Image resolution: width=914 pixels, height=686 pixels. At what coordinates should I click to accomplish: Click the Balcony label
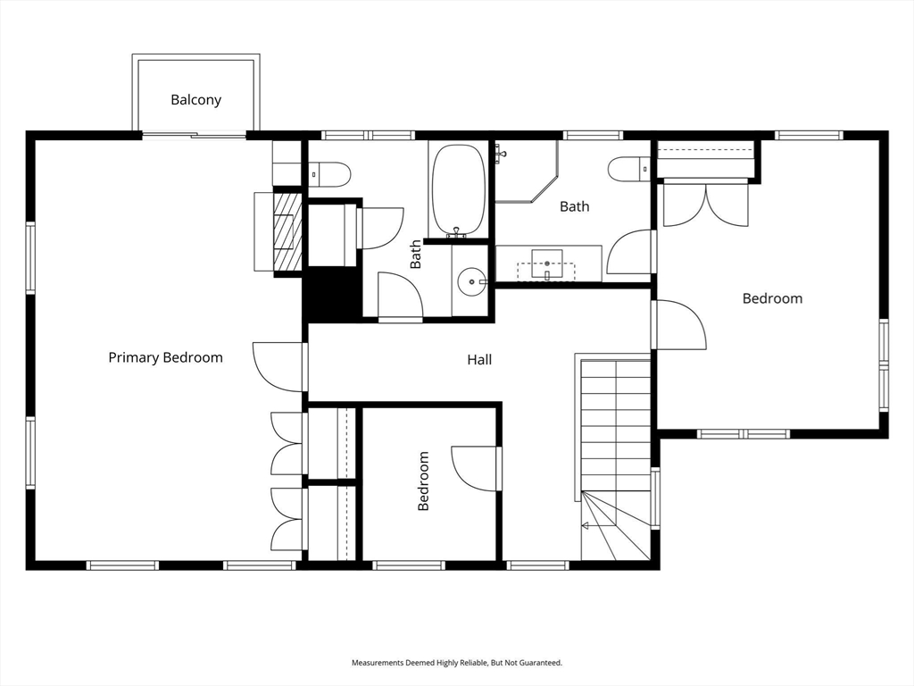coord(195,100)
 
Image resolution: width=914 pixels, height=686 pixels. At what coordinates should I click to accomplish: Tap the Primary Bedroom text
coord(165,357)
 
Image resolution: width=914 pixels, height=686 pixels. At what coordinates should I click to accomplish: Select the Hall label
coord(479,360)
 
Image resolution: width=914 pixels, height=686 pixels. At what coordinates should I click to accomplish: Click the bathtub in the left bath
coord(458,189)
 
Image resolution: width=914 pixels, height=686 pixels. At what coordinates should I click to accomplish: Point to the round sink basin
coord(472,282)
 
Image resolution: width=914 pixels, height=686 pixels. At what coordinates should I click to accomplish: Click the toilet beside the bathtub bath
coord(328,174)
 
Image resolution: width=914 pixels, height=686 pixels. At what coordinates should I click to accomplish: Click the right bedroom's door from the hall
coord(678,325)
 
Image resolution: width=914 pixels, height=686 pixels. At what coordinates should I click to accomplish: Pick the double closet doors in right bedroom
coord(706,205)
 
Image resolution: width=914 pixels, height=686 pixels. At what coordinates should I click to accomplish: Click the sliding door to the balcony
coord(195,136)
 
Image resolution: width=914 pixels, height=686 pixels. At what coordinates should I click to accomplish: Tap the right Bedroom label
coord(772,298)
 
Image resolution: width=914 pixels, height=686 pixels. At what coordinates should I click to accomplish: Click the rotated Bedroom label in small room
coord(423,481)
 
